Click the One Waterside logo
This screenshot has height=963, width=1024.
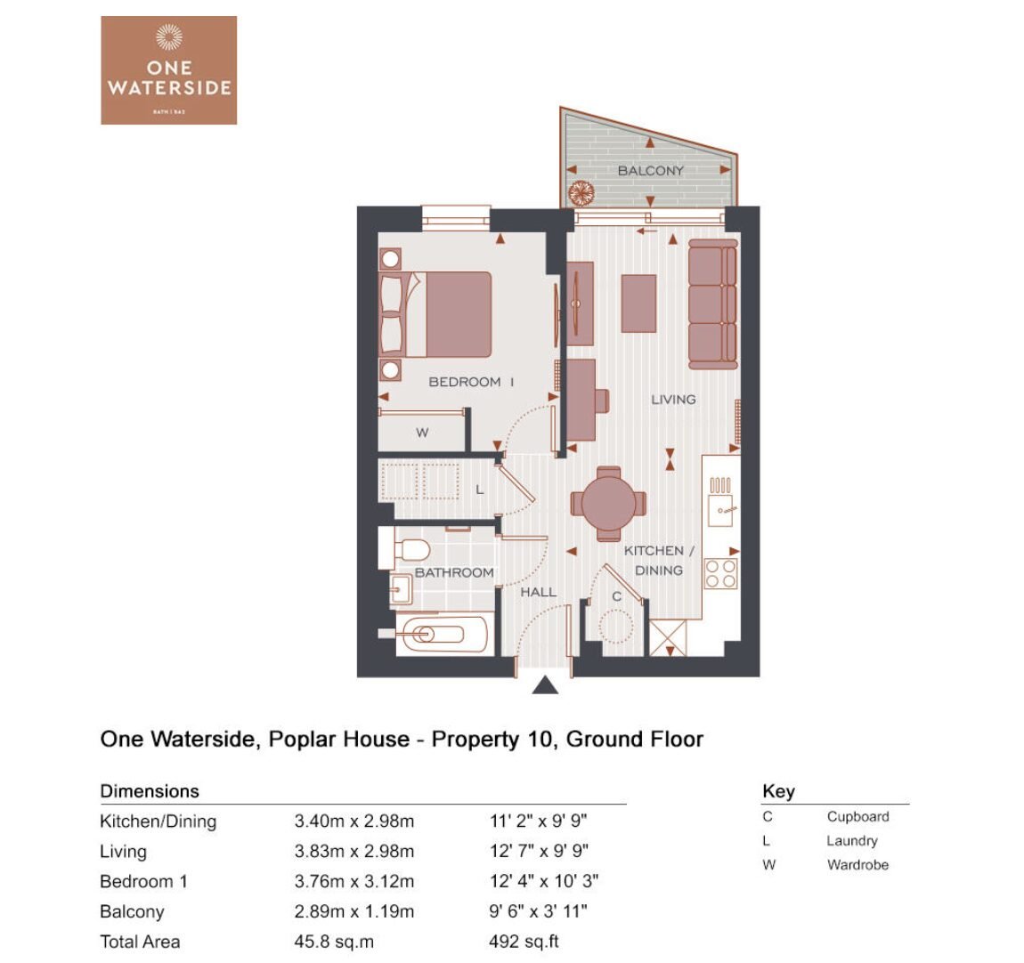click(x=168, y=69)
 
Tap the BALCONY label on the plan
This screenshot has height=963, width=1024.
click(x=650, y=170)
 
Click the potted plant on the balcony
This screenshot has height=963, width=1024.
click(x=581, y=193)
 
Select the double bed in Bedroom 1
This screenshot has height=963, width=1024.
click(x=435, y=314)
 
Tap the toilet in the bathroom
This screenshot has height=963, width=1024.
click(x=411, y=550)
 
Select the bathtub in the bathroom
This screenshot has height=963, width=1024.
click(x=442, y=634)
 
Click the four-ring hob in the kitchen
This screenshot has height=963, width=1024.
click(x=721, y=573)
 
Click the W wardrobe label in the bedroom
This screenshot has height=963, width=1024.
click(x=422, y=433)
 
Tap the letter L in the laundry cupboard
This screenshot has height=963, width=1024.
click(x=479, y=489)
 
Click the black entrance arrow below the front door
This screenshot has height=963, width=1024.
click(x=545, y=684)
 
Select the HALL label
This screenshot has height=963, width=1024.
click(x=538, y=592)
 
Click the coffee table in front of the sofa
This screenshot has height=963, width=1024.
click(x=638, y=303)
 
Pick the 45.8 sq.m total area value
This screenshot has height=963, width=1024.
click(x=334, y=942)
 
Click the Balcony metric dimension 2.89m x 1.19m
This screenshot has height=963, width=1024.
click(x=354, y=911)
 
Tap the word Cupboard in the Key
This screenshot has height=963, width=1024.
click(x=857, y=817)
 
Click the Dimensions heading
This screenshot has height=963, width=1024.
click(x=150, y=791)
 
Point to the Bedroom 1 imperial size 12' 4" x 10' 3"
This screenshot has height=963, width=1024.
click(x=544, y=881)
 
